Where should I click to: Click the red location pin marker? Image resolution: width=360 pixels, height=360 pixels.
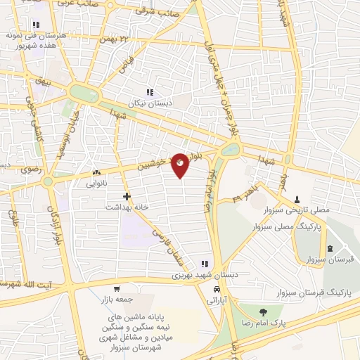pyautogui.click(x=181, y=164)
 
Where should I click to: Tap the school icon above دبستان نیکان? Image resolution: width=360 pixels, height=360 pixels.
pyautogui.click(x=149, y=92)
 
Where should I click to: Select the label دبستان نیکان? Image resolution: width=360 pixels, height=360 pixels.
pyautogui.click(x=148, y=103)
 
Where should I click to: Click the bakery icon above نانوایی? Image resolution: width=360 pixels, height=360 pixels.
pyautogui.click(x=96, y=172)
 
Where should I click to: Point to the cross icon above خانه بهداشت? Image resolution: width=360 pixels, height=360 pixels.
pyautogui.click(x=126, y=196)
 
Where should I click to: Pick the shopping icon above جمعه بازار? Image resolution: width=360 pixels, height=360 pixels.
pyautogui.click(x=117, y=289)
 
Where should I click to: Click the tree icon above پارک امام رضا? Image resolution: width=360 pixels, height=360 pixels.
pyautogui.click(x=263, y=312)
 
